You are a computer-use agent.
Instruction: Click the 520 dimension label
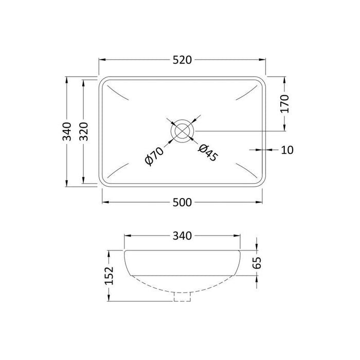coord(182,60)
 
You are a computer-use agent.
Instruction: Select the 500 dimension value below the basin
coord(182,203)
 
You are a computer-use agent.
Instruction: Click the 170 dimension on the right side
coord(286,104)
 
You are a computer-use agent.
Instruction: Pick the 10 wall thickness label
coord(287,150)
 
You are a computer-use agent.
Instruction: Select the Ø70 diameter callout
coord(154,156)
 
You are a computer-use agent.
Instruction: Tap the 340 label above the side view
coord(182,236)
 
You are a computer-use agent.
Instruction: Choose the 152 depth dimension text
coord(110,276)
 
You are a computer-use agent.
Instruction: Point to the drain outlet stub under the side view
coord(182,297)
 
